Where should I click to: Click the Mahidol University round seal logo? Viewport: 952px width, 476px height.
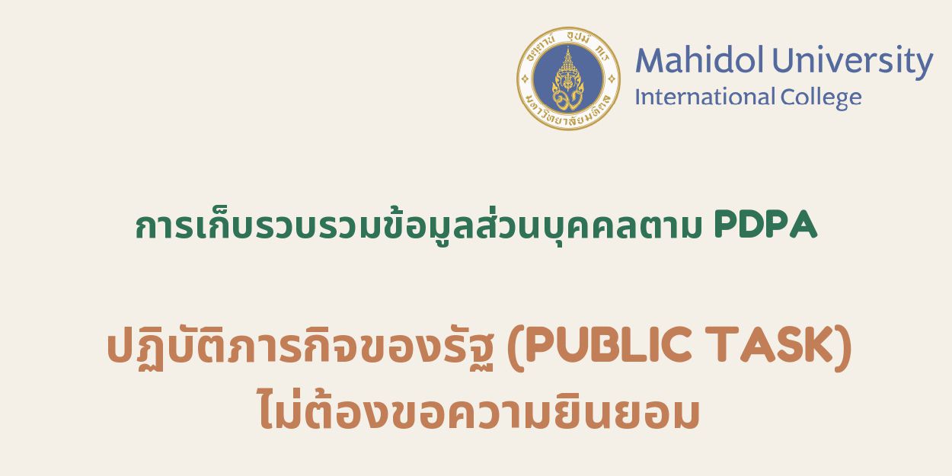click(x=568, y=78)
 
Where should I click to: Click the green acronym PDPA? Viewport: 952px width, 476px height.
click(x=765, y=226)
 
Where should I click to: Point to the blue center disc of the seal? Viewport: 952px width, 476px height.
click(x=568, y=78)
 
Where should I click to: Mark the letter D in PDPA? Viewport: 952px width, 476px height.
click(x=751, y=226)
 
